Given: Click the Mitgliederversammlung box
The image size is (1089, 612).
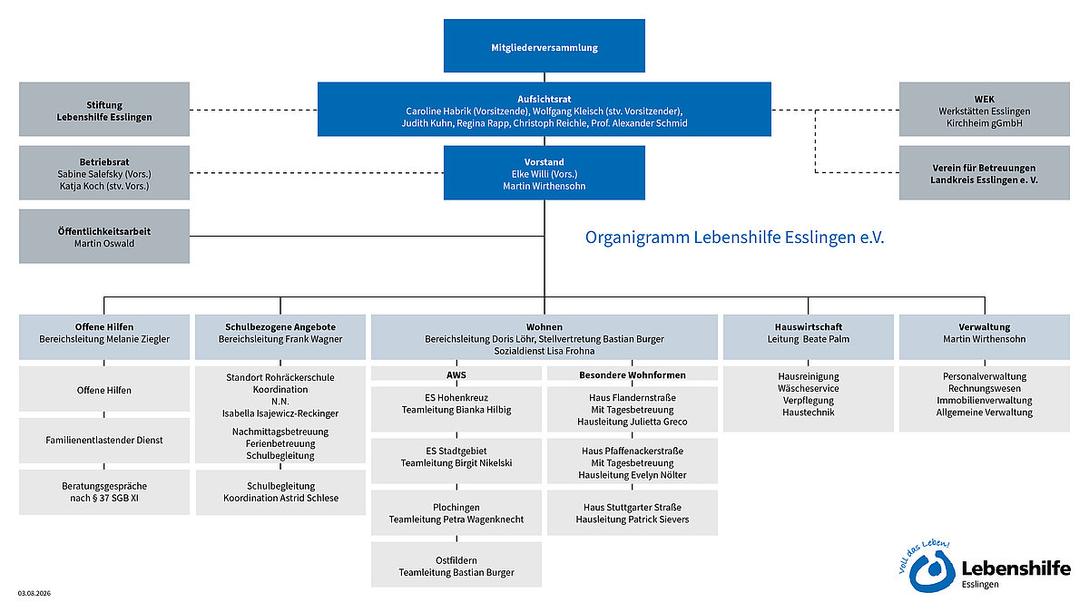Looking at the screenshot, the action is pyautogui.click(x=544, y=45).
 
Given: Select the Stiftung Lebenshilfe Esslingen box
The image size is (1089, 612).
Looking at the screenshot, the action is pyautogui.click(x=104, y=109).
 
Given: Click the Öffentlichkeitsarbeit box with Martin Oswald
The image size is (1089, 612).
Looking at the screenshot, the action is pyautogui.click(x=104, y=236).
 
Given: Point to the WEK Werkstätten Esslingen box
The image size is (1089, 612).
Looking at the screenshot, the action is pyautogui.click(x=984, y=109).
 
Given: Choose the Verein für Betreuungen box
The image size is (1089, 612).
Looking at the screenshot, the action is pyautogui.click(x=984, y=172).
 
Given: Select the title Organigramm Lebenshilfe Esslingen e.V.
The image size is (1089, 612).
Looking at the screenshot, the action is pyautogui.click(x=734, y=237).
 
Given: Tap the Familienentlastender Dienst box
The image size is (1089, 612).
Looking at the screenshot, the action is pyautogui.click(x=104, y=440).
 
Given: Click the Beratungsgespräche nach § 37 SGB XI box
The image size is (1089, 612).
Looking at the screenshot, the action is pyautogui.click(x=104, y=492).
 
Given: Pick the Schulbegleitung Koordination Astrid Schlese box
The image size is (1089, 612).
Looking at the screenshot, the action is pyautogui.click(x=280, y=492).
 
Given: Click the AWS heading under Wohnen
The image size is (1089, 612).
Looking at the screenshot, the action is pyautogui.click(x=456, y=375).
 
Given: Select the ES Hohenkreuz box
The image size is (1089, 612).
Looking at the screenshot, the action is pyautogui.click(x=456, y=409).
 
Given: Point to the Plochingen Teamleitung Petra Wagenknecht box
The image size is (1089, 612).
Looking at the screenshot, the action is pyautogui.click(x=456, y=513).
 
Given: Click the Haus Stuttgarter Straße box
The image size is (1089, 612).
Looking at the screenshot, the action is pyautogui.click(x=632, y=513).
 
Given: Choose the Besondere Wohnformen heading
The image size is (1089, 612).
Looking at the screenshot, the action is pyautogui.click(x=632, y=375).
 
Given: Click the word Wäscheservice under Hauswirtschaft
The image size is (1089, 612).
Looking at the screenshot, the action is pyautogui.click(x=808, y=388).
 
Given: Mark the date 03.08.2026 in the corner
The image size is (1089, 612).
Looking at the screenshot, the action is pyautogui.click(x=34, y=593).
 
